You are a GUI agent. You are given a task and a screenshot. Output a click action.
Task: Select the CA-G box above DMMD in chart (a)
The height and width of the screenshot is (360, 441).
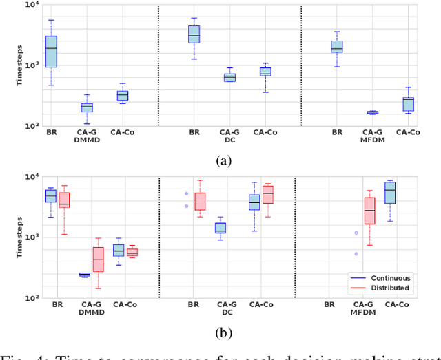click(87, 107)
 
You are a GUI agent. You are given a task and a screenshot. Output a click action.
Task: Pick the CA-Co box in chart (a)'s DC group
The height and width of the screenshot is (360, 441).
click(265, 71)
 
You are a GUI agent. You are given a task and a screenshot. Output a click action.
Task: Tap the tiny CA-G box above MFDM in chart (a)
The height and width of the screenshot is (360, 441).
click(372, 112)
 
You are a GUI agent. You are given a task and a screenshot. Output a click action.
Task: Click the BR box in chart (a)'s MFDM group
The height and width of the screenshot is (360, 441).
click(337, 46)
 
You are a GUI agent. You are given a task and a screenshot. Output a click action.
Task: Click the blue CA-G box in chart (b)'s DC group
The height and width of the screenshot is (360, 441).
click(220, 228)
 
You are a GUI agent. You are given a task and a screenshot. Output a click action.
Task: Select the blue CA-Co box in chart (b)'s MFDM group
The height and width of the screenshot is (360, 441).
click(390, 191)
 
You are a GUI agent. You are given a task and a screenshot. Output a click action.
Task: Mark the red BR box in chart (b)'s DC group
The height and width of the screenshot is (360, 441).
click(200, 201)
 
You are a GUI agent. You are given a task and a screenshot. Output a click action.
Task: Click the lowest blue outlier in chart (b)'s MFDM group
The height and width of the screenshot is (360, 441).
click(356, 253)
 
